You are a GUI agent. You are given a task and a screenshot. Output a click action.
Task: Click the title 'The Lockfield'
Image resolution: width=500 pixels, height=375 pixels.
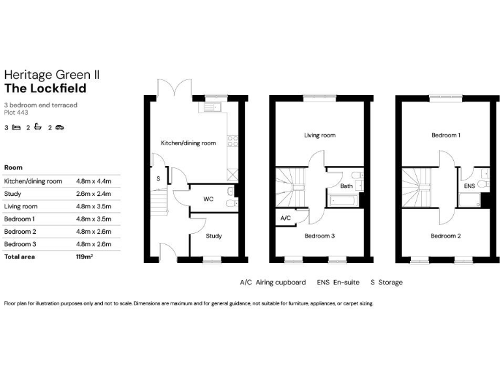45,89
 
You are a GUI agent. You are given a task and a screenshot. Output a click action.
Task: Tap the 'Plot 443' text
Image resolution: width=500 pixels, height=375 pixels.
16,112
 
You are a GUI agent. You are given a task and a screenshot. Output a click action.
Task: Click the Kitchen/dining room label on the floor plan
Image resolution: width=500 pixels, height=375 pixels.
188,143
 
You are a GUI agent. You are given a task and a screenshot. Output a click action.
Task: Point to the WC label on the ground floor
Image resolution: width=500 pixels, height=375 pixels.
208,199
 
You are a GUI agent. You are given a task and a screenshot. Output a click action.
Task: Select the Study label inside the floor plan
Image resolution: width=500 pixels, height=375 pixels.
214,236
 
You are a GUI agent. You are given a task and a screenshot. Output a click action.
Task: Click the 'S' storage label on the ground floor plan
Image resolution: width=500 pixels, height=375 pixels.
158,178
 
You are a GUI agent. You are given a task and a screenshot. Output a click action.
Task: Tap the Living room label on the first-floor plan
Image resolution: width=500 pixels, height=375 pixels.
320,135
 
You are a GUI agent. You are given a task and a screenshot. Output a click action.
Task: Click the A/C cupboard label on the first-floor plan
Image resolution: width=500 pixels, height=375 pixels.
285,219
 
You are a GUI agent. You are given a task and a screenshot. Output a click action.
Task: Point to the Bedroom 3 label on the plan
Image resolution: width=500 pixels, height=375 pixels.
320,236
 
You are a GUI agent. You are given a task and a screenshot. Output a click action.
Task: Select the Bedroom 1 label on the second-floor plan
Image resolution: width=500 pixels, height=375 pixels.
446,135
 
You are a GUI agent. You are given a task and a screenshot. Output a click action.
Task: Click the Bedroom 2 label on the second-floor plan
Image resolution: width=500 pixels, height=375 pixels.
446,236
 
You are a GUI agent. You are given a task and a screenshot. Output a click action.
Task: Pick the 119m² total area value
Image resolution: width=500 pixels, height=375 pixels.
85,257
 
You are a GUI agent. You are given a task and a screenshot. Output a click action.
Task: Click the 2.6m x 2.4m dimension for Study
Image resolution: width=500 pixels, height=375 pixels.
94,194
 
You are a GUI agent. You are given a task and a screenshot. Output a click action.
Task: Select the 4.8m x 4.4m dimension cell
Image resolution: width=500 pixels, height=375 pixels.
94,181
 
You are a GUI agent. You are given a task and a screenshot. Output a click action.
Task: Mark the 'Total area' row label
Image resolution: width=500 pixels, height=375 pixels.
20,257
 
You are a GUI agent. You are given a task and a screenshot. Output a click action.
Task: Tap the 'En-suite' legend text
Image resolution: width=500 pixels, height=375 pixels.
348,283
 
